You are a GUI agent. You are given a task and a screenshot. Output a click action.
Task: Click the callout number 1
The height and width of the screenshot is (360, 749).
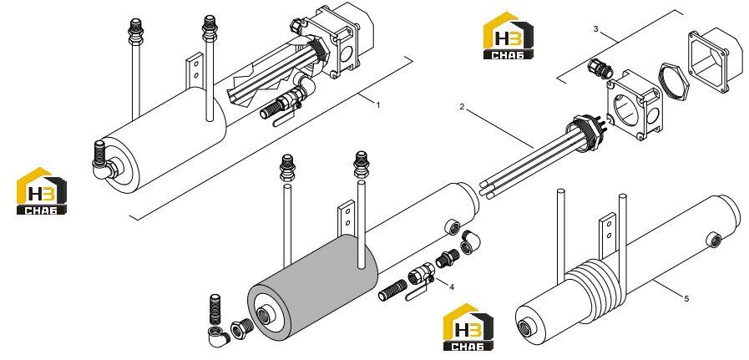[x=378, y=105]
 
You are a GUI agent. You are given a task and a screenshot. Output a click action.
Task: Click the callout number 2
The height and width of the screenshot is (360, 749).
[x=462, y=107]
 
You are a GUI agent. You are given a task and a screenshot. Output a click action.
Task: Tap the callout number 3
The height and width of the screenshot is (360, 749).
[x=595, y=28]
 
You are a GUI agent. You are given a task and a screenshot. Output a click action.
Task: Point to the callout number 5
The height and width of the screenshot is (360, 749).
[x=686, y=299]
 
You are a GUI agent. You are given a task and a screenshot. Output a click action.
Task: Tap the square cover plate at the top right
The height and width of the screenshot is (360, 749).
[x=710, y=60]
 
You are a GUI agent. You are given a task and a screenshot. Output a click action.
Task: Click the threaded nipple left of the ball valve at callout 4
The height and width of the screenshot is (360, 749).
[x=392, y=291]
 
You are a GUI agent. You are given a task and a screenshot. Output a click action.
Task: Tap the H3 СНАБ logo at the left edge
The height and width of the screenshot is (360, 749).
[x=41, y=190]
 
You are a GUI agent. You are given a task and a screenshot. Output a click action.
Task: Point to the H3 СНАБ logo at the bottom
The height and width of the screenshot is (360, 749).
[x=468, y=327]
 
